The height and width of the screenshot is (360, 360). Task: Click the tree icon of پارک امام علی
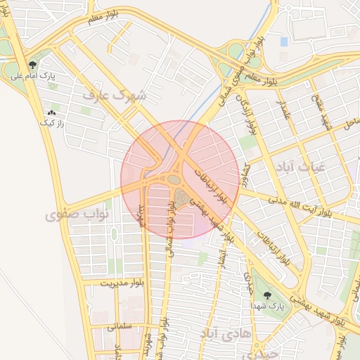32,65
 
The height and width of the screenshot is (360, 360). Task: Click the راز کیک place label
51,122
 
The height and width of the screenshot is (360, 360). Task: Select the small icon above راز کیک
51,112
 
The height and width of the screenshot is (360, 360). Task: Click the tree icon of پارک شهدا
266,297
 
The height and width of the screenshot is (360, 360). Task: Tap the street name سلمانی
106,327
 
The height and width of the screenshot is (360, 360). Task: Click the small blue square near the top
284,42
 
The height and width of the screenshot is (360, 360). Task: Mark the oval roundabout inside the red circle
173,180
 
